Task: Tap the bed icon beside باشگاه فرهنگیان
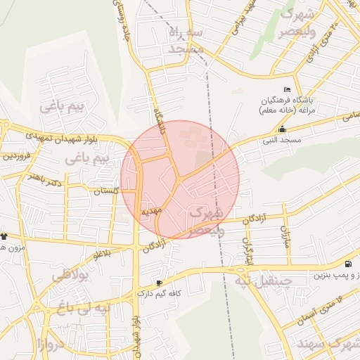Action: pos(286,89)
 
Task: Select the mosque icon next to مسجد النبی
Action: pos(282,129)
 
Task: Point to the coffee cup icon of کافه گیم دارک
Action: pos(159,283)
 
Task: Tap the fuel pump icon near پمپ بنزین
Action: pos(347,264)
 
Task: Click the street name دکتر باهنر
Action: pos(44,181)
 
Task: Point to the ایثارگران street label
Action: pos(247,243)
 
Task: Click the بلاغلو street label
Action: pos(102,252)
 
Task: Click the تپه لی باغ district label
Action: pos(84,308)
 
